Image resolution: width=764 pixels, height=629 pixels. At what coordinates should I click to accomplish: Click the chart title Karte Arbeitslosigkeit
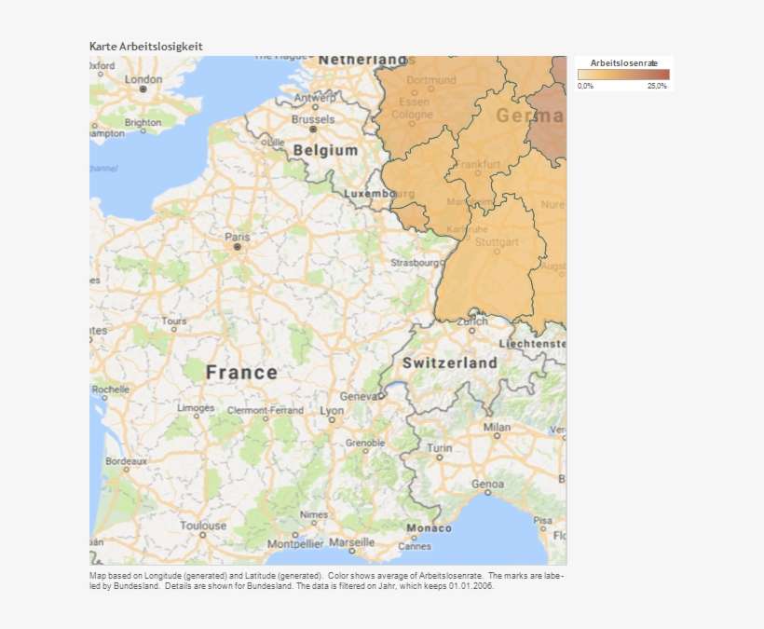pos(145,46)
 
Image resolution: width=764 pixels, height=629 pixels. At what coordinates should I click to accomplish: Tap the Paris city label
pos(238,237)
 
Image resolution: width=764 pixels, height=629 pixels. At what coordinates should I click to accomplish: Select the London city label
pos(143,79)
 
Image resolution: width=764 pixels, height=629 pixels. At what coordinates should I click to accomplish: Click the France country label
pos(241,373)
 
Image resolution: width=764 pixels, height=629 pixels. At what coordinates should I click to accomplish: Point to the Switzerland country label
pos(450,362)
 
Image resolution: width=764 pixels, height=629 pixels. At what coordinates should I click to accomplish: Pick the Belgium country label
pos(325,150)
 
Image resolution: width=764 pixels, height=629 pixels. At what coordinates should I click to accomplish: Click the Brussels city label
pos(313,119)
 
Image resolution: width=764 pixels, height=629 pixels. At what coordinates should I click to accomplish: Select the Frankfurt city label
pos(478,165)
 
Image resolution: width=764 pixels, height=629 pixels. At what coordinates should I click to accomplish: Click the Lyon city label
pos(332,411)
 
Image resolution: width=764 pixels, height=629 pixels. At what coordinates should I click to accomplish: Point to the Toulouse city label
pos(203,526)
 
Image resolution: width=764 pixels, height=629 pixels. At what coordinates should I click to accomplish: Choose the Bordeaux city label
pos(126,460)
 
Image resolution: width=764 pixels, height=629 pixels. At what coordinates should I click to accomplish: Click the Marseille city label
pos(351,541)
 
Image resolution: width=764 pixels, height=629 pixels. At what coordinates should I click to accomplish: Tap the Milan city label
pos(497,428)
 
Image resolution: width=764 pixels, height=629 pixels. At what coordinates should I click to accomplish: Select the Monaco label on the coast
pos(429,528)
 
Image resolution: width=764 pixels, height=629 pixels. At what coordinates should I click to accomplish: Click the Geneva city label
pos(358,395)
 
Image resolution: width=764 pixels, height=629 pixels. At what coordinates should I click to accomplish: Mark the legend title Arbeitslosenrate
pos(623,62)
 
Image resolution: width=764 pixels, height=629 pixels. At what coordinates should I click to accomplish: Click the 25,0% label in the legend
pos(657,86)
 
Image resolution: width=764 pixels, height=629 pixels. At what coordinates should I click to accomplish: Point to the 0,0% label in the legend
pos(585,86)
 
